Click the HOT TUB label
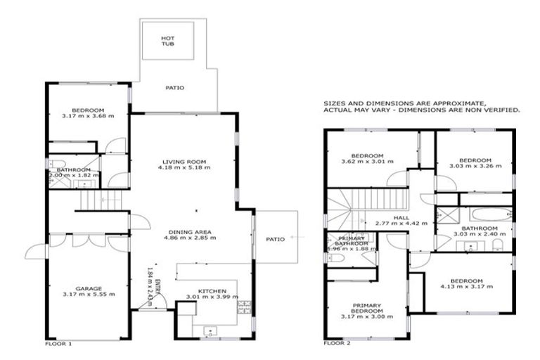coord(167,41)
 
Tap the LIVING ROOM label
coord(184,161)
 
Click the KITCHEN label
coord(212,290)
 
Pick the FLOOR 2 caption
coord(336,344)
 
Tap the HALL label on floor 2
coord(403,218)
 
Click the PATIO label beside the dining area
coord(276,239)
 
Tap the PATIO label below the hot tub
coord(174,88)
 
